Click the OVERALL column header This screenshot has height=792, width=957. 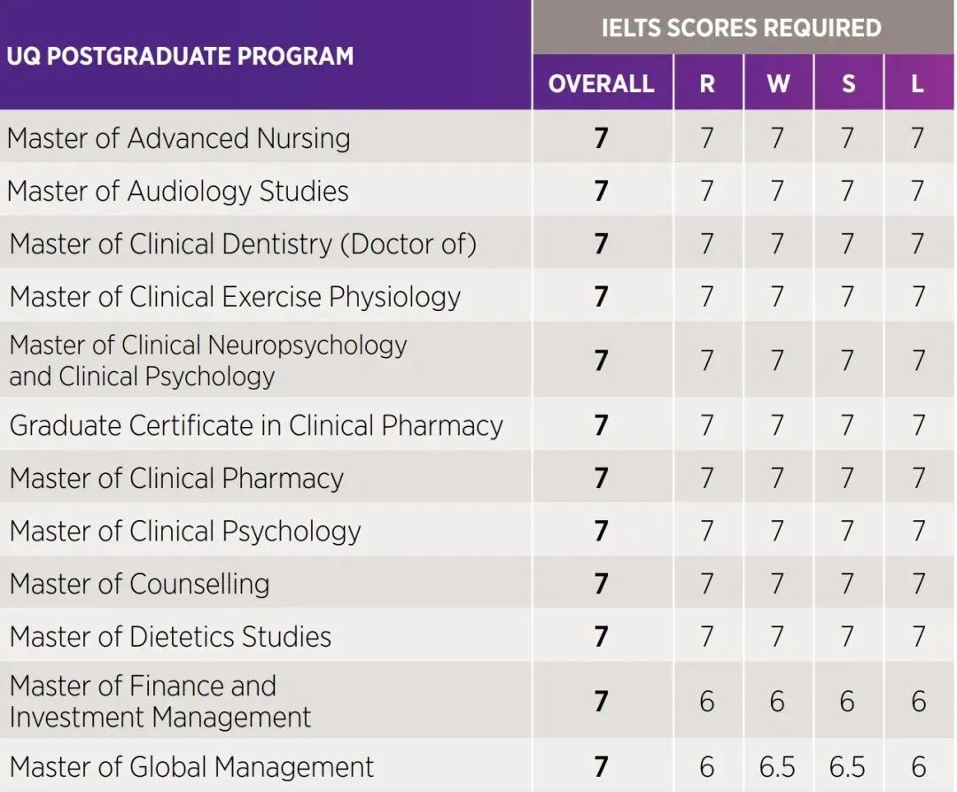coord(601,83)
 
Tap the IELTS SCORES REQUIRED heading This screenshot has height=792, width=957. coord(741,27)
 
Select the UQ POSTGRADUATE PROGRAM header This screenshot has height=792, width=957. coord(180,56)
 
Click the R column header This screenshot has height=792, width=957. coord(706,83)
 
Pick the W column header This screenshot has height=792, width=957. coord(777,83)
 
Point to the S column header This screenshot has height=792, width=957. coord(848,83)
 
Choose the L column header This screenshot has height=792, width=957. coord(918,83)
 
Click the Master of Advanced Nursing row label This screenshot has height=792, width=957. coord(179,138)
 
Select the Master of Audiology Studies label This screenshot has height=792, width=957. coord(178,191)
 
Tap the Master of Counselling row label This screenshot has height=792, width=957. coord(140,584)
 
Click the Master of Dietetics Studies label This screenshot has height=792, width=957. coord(170,637)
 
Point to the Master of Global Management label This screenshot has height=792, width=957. coord(192,766)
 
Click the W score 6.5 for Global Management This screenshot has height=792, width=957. coord(777,766)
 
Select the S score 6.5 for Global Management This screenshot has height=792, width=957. coord(848,766)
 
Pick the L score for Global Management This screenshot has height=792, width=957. coord(918,766)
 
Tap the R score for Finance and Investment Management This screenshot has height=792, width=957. coord(706,702)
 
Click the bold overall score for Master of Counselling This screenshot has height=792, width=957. coord(602,584)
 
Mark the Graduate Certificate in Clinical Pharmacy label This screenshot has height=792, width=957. coord(256,425)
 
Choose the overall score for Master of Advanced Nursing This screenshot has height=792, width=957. coord(602,138)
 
